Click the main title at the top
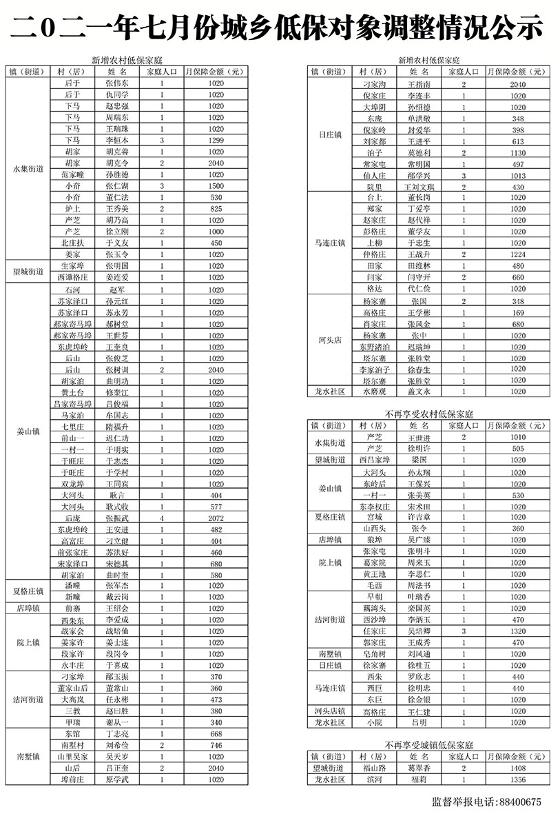[x=280, y=28]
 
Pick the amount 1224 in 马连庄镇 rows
[x=519, y=254]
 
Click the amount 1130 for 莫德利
[x=519, y=152]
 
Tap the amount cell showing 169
[x=519, y=312]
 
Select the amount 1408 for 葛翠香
[x=519, y=767]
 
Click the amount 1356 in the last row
[x=519, y=780]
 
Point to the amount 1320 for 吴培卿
[x=519, y=631]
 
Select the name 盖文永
[x=419, y=391]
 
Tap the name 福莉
[x=419, y=780]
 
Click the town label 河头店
[x=329, y=340]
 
